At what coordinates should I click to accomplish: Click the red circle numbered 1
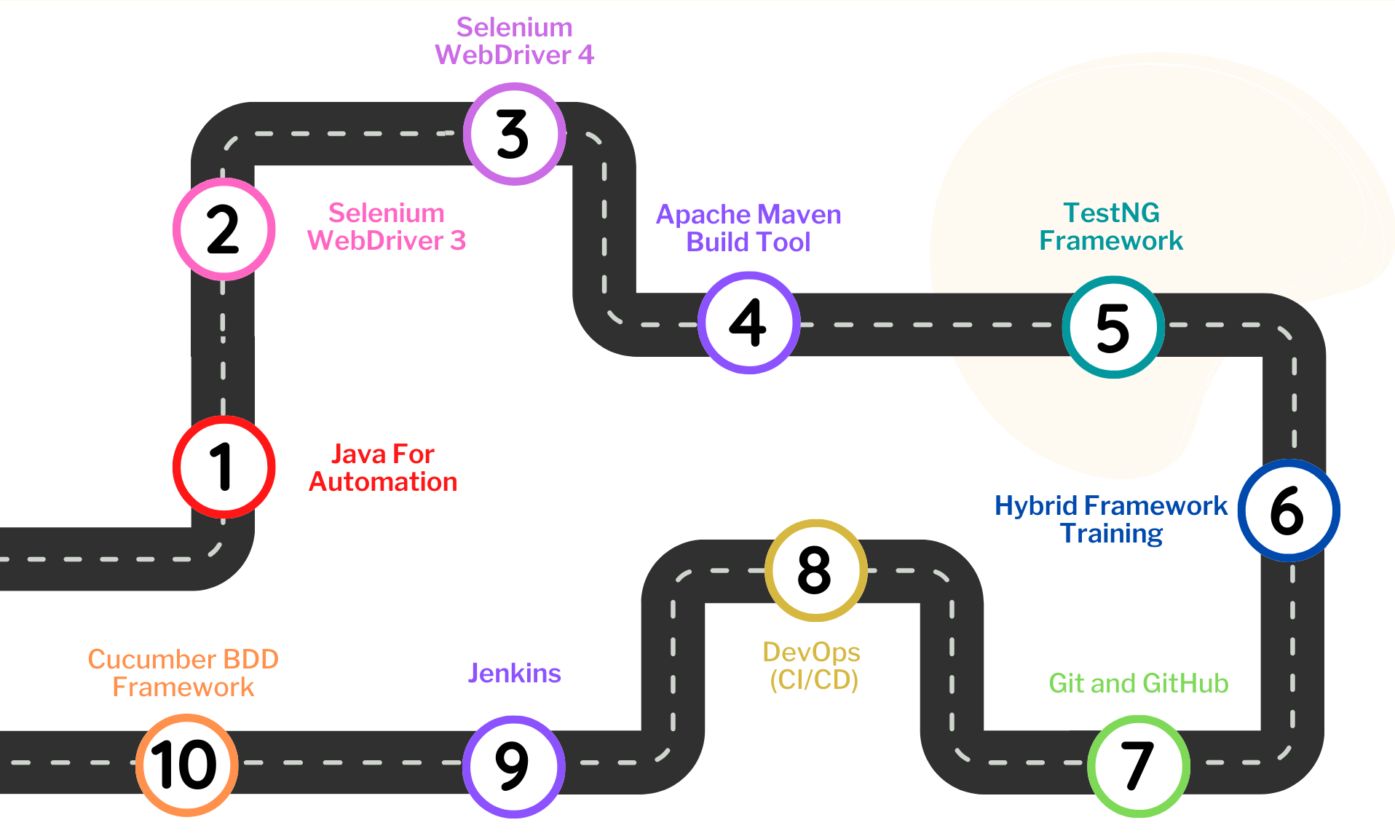point(224,467)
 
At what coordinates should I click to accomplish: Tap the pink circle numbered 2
point(224,229)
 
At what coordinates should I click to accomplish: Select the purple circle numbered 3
point(514,134)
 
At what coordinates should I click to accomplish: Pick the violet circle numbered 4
point(748,323)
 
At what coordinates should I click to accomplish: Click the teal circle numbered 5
point(1113,327)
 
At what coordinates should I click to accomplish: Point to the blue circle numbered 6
point(1288,510)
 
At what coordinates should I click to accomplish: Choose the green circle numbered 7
point(1138,765)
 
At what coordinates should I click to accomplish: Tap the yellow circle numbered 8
point(815,570)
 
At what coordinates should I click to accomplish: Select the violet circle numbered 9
point(513,766)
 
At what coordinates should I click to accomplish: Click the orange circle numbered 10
point(186,765)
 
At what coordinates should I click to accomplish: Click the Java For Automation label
point(383,468)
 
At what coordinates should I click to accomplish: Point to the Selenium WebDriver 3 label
point(386,226)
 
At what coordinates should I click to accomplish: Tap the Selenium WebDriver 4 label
point(514,41)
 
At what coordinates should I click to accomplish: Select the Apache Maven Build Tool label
point(748,228)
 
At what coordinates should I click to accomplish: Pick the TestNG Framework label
point(1111,226)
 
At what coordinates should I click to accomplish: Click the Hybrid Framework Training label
point(1111,519)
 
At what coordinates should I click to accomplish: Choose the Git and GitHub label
point(1138,683)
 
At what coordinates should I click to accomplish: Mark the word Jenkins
point(514,673)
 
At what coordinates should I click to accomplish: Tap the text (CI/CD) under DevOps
point(814,679)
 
